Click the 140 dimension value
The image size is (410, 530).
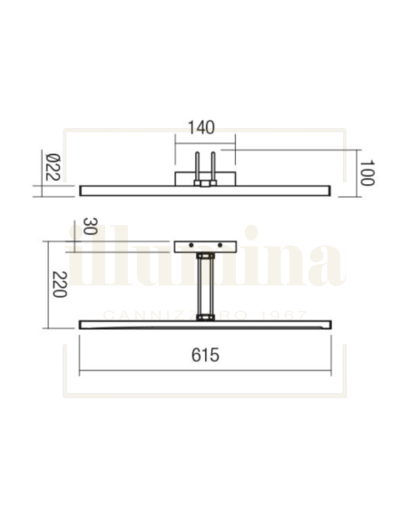[204, 129]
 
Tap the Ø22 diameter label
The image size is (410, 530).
[52, 169]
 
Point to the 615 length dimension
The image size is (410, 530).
[205, 357]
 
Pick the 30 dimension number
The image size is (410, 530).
[89, 226]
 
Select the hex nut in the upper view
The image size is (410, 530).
[206, 184]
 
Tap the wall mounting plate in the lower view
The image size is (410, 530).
[205, 247]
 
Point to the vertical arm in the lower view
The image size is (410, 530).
[206, 286]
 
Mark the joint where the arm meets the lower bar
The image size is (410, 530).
[206, 317]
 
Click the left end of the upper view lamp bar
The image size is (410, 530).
[83, 189]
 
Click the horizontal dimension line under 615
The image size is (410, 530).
[205, 373]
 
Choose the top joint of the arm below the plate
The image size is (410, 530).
[206, 259]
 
